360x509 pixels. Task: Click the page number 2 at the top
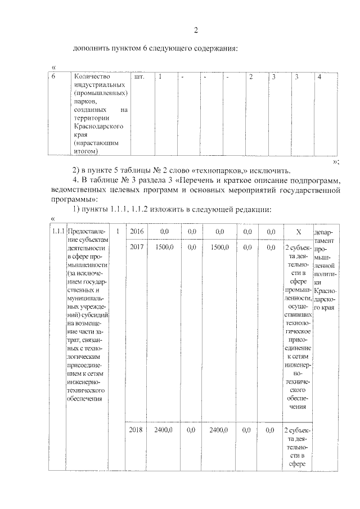[196, 30]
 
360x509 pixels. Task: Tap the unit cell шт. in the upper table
[140, 76]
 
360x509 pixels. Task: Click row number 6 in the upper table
[53, 76]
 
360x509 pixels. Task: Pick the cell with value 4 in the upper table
[319, 76]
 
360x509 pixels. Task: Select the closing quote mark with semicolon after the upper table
[336, 161]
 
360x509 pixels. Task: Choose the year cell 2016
[136, 231]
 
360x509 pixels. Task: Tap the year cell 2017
[136, 247]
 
